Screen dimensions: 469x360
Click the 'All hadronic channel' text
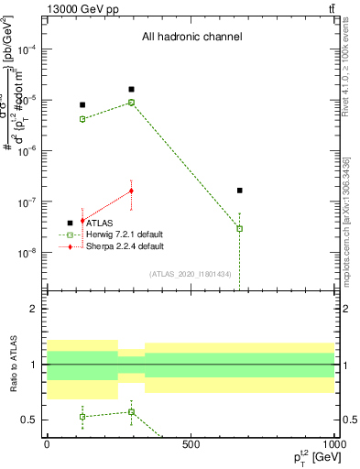click(191, 37)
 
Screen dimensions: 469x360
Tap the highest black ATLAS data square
click(132, 90)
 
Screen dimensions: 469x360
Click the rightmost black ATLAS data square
click(239, 191)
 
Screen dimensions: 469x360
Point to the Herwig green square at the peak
click(132, 103)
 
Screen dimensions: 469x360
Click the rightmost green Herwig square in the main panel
click(239, 228)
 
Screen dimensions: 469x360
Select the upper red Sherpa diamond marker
click(132, 191)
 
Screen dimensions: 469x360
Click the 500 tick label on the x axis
click(191, 444)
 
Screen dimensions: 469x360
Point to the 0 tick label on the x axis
click(47, 444)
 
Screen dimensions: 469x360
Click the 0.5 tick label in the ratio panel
click(30, 420)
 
